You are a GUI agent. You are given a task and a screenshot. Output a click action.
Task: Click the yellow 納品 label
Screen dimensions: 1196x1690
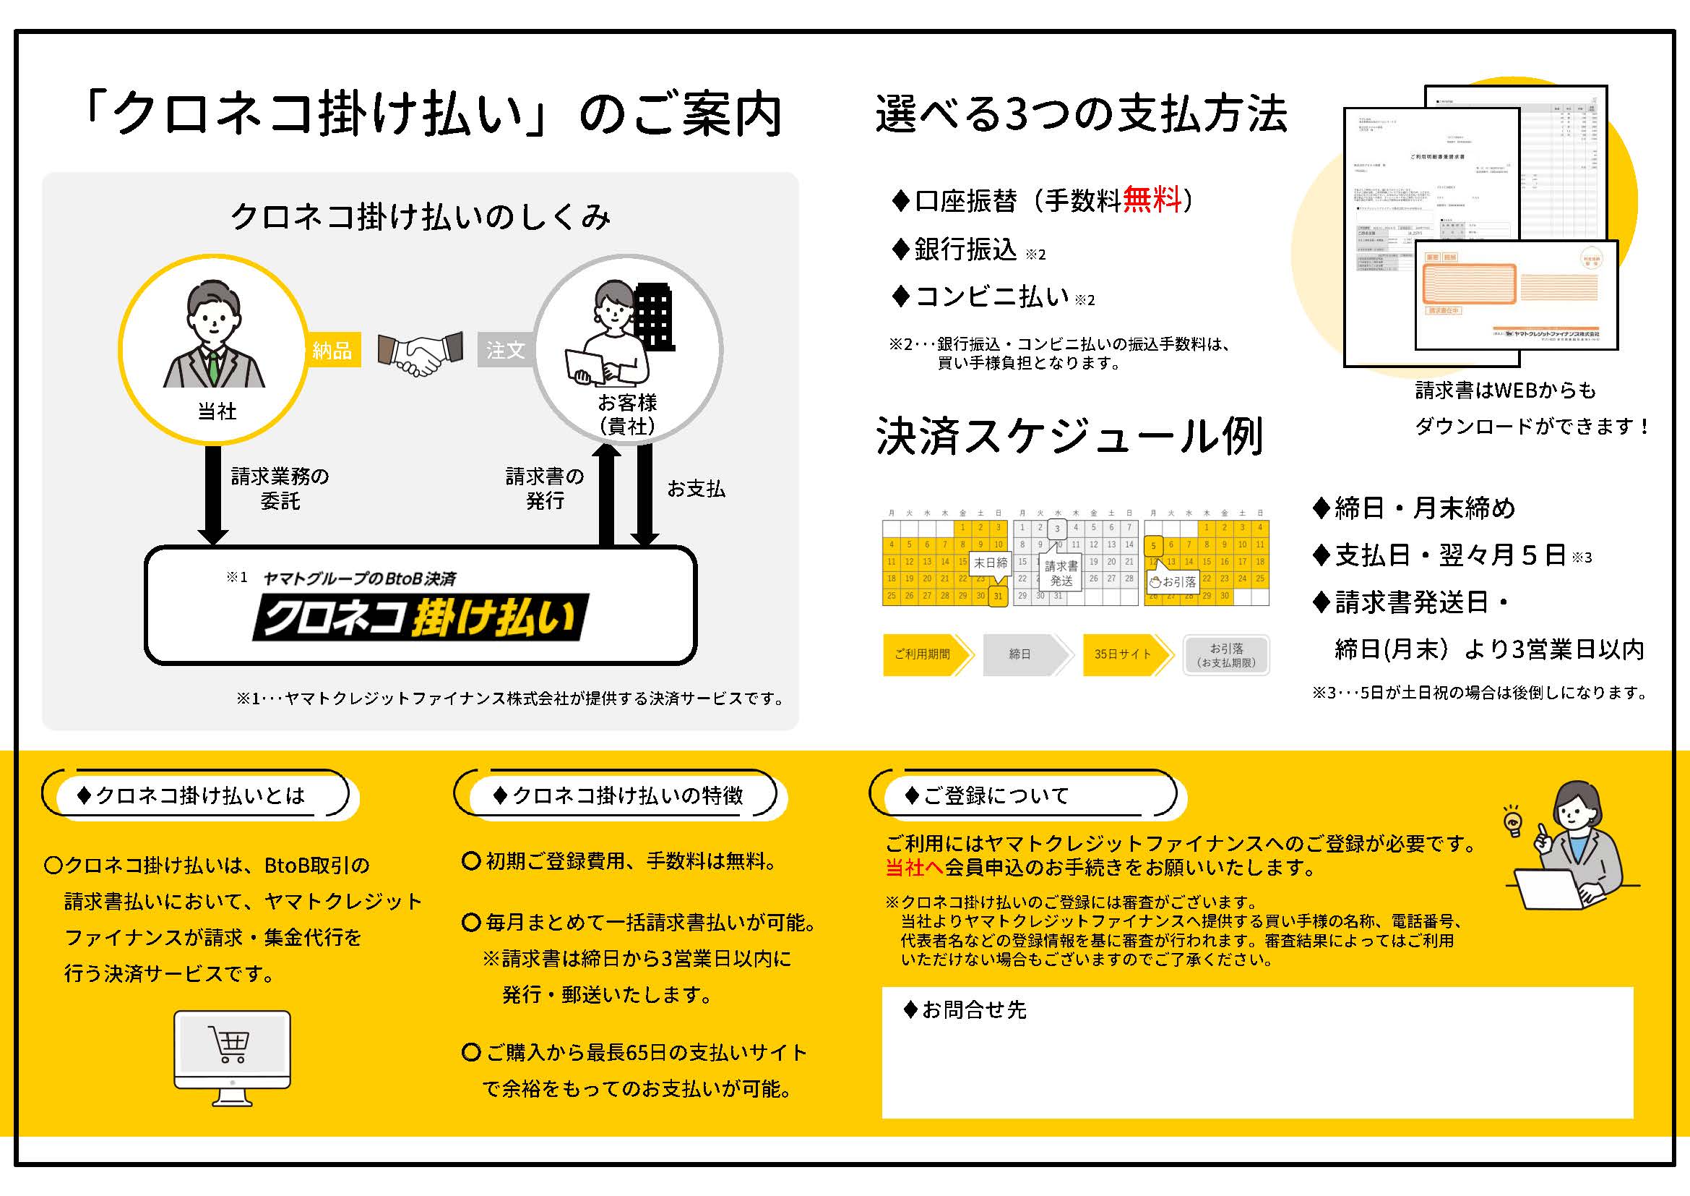point(332,350)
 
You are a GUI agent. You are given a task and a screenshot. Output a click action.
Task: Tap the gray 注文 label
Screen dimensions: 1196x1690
point(506,350)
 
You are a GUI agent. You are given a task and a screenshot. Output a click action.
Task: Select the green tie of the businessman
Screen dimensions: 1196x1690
point(213,368)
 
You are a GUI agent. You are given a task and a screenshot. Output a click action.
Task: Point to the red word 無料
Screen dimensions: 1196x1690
point(1152,200)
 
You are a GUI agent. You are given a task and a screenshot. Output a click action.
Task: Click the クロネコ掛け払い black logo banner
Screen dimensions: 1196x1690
point(420,617)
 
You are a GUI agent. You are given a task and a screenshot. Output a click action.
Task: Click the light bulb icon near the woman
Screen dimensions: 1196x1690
point(1512,822)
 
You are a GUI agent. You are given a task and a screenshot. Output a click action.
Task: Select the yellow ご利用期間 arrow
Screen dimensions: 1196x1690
point(926,654)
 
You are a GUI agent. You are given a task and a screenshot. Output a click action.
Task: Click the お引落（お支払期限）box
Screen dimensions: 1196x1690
point(1226,654)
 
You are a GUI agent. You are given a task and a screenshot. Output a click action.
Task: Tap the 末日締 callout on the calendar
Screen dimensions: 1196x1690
point(991,563)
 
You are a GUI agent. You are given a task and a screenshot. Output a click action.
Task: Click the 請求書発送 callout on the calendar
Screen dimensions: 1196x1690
point(1061,572)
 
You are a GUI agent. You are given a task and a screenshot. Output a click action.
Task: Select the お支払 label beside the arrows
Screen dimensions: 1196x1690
point(696,489)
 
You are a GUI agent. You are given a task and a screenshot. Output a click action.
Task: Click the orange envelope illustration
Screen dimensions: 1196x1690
point(1506,294)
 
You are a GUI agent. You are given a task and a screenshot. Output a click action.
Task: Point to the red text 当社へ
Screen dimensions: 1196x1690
point(913,868)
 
